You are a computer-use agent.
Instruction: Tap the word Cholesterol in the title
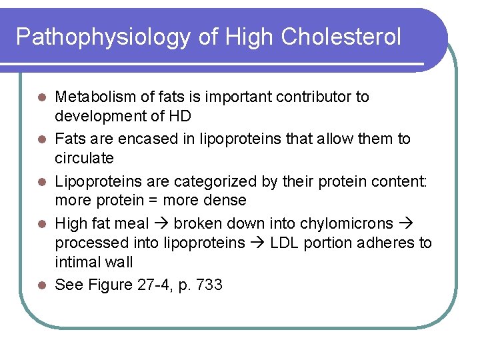(341, 37)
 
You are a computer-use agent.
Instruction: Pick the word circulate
(84, 159)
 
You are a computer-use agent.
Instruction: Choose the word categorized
(213, 181)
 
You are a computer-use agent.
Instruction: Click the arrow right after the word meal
(163, 223)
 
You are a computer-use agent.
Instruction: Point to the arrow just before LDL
(257, 243)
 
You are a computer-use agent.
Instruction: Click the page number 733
(209, 285)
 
